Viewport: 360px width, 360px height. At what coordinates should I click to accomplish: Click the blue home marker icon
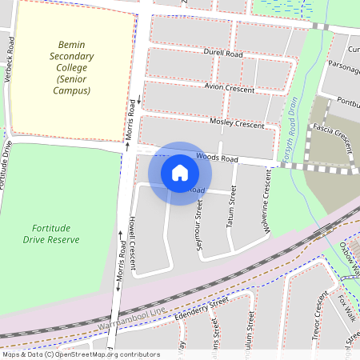tap(180, 172)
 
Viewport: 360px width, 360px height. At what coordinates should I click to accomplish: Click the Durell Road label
tap(222, 54)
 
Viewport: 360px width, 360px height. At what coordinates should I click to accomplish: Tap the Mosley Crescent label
tap(236, 124)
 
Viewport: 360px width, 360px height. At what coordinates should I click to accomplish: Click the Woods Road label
tap(217, 159)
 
